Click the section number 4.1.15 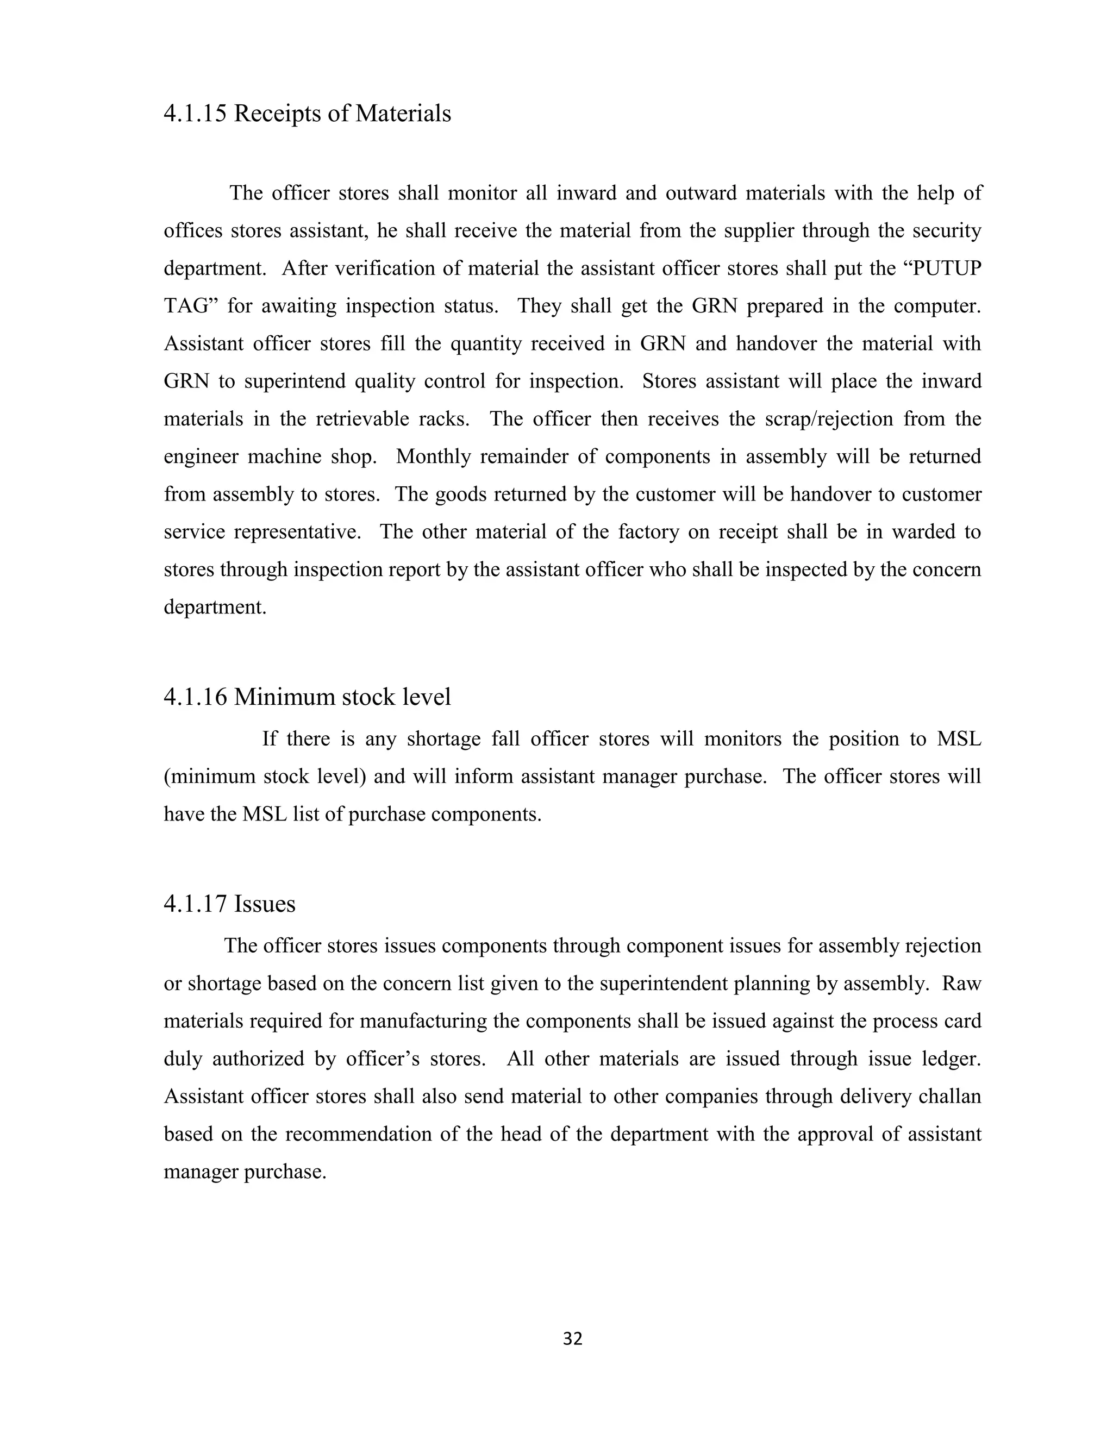(195, 114)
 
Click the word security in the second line (947, 231)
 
